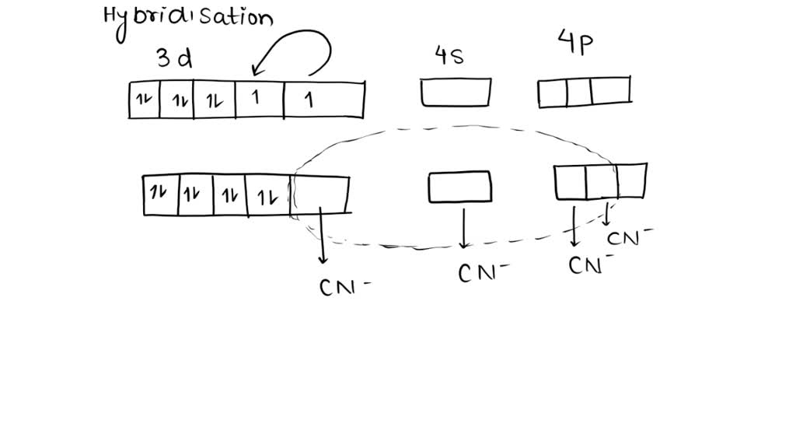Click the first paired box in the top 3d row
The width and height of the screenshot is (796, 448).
pos(144,101)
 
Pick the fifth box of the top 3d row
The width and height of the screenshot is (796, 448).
pos(323,101)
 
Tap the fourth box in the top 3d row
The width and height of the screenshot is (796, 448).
pos(260,101)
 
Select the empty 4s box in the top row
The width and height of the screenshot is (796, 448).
pos(456,93)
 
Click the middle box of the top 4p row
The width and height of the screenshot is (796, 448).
pos(579,92)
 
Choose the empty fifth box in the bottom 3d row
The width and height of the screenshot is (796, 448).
pos(319,194)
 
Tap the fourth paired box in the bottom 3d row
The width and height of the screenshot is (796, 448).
pos(267,195)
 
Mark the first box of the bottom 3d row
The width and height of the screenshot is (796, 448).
pos(161,195)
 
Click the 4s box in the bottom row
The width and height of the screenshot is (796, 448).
pos(459,186)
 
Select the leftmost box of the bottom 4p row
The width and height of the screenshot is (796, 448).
pos(570,181)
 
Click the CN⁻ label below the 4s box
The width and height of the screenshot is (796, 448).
pos(481,273)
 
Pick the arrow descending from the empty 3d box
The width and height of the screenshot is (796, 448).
pos(321,241)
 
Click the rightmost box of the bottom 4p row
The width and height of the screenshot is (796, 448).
pos(631,180)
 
